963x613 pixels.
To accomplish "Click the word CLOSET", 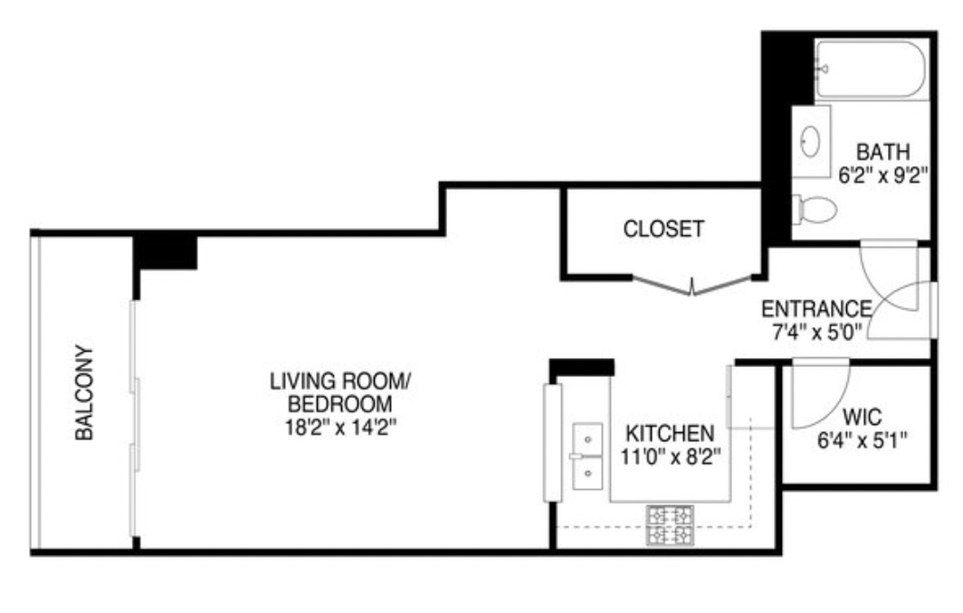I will [663, 230].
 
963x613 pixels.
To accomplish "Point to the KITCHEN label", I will [671, 433].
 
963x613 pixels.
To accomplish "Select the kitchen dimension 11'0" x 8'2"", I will [671, 457].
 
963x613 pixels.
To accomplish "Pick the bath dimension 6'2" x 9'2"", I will [882, 176].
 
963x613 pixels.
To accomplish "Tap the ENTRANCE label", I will [816, 308].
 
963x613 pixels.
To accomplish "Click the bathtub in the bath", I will [869, 69].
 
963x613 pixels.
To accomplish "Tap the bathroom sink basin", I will [812, 141].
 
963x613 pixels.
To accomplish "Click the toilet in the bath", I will [815, 210].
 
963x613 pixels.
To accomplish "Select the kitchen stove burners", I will [670, 524].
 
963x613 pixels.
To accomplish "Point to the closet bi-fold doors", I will [692, 284].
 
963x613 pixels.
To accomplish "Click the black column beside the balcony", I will [165, 251].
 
